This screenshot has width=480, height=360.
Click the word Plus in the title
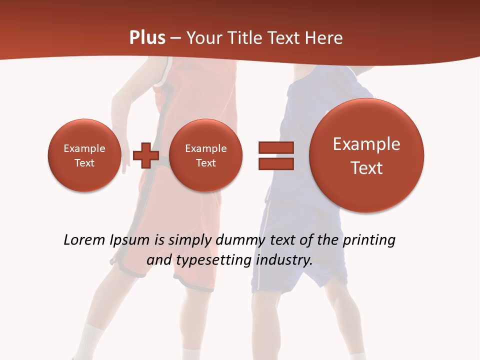tap(147, 38)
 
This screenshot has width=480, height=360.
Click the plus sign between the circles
tap(146, 155)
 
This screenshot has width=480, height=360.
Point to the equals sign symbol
tap(276, 155)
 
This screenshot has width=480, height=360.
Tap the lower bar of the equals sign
tap(276, 163)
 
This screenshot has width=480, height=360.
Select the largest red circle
tap(366, 155)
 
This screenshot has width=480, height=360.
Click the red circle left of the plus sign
tap(84, 155)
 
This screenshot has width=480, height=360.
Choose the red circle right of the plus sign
tap(205, 155)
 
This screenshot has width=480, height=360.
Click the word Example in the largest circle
tap(366, 144)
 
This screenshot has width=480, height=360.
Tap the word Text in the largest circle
tap(366, 168)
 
